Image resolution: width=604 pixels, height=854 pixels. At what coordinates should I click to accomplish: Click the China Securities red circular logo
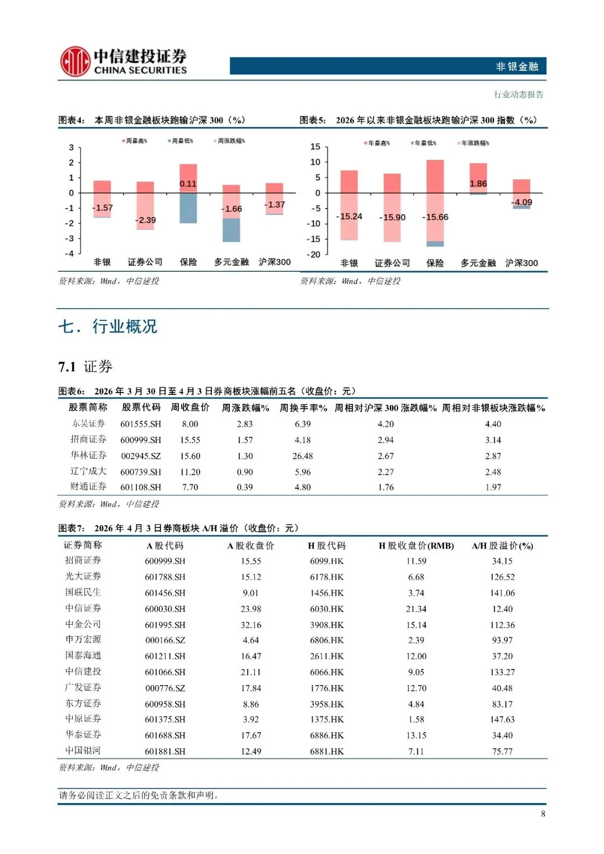pyautogui.click(x=75, y=62)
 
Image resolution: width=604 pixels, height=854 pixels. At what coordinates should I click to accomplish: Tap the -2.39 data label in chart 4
pyautogui.click(x=145, y=220)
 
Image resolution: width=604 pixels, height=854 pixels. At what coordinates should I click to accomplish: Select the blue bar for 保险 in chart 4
pyautogui.click(x=188, y=208)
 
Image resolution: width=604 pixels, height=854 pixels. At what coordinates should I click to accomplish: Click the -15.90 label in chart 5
pyautogui.click(x=393, y=218)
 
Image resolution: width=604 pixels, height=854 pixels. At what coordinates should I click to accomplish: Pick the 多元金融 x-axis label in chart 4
pyautogui.click(x=232, y=262)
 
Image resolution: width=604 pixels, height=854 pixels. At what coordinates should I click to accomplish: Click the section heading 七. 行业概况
pyautogui.click(x=108, y=327)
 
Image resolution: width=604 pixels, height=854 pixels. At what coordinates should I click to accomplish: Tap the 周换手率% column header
pyautogui.click(x=303, y=408)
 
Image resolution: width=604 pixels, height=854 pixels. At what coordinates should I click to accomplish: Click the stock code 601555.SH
pyautogui.click(x=140, y=424)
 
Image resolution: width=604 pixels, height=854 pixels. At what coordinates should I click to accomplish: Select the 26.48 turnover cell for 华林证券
pyautogui.click(x=303, y=456)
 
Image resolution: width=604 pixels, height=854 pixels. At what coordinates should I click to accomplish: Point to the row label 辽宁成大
pyautogui.click(x=88, y=471)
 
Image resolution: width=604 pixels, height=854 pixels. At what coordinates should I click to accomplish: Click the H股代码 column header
pyautogui.click(x=327, y=545)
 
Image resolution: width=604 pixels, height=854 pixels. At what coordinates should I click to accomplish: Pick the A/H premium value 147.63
pyautogui.click(x=502, y=719)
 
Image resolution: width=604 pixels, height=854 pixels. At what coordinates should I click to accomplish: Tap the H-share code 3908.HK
pyautogui.click(x=327, y=625)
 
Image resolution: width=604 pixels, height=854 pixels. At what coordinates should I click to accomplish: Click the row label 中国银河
pyautogui.click(x=83, y=751)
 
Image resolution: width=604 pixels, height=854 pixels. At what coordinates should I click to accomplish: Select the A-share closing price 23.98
pyautogui.click(x=251, y=608)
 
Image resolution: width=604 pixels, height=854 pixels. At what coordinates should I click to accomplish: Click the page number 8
pyautogui.click(x=542, y=814)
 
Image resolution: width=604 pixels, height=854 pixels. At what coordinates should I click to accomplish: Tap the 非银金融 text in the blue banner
pyautogui.click(x=517, y=67)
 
